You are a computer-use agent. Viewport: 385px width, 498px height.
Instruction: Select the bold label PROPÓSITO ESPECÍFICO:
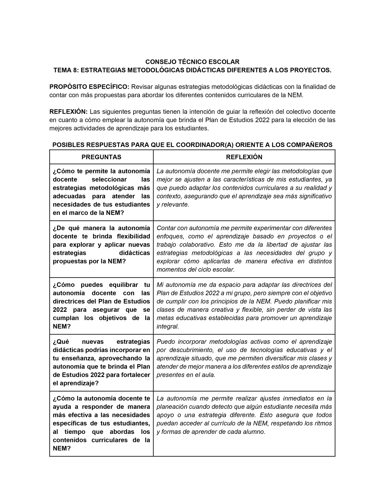click(x=90, y=87)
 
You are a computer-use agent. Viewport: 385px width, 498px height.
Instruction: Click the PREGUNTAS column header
click(x=101, y=157)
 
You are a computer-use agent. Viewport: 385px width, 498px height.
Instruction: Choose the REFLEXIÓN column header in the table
click(x=244, y=157)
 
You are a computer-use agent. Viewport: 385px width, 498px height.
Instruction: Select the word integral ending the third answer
click(x=168, y=326)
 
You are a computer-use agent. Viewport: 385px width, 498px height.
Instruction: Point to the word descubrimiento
click(x=192, y=350)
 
